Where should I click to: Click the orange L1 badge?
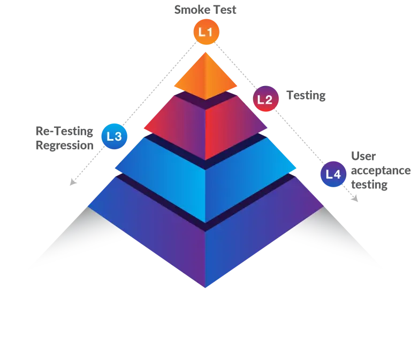pos(206,32)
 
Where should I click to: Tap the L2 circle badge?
pos(265,99)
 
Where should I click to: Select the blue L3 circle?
pos(114,136)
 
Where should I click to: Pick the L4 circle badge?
pos(333,174)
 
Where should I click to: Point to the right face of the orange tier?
pos(219,80)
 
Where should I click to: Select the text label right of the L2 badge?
pos(306,97)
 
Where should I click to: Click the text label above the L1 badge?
pos(205,11)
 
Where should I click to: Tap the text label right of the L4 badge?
pos(377,171)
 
